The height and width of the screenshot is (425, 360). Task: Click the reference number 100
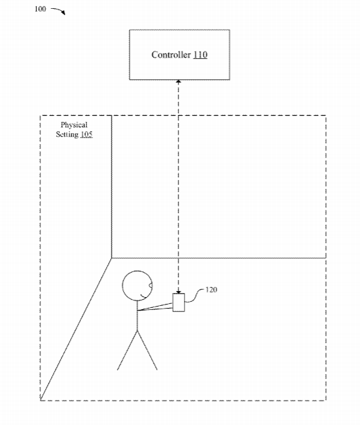[x=40, y=9]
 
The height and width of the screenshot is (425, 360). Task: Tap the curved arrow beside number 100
[x=58, y=10]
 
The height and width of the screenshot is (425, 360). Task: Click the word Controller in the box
[x=171, y=55]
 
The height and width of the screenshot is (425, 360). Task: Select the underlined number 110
[x=200, y=55]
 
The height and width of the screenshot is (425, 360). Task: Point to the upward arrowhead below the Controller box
[x=179, y=82]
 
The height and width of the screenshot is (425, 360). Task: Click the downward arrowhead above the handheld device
[x=179, y=292]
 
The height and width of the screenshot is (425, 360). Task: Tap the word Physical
[x=74, y=125]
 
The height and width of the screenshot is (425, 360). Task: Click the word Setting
[x=67, y=134]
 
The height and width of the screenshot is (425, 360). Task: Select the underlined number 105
[x=87, y=134]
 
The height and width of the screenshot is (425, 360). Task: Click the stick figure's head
[x=122, y=286]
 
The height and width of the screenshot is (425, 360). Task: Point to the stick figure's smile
[x=145, y=296]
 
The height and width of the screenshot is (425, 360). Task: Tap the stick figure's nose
[x=151, y=285]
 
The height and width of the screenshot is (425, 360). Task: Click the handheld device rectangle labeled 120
[x=179, y=303]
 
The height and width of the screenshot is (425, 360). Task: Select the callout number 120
[x=211, y=290]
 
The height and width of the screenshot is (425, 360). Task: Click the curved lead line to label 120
[x=194, y=296]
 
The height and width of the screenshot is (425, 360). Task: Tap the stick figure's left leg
[x=127, y=350]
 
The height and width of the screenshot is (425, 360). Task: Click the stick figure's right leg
[x=148, y=350]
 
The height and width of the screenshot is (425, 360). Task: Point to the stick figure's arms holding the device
[x=155, y=307]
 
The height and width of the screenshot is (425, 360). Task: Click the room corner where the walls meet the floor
[x=112, y=258]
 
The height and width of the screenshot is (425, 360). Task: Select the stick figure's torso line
[x=137, y=316]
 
